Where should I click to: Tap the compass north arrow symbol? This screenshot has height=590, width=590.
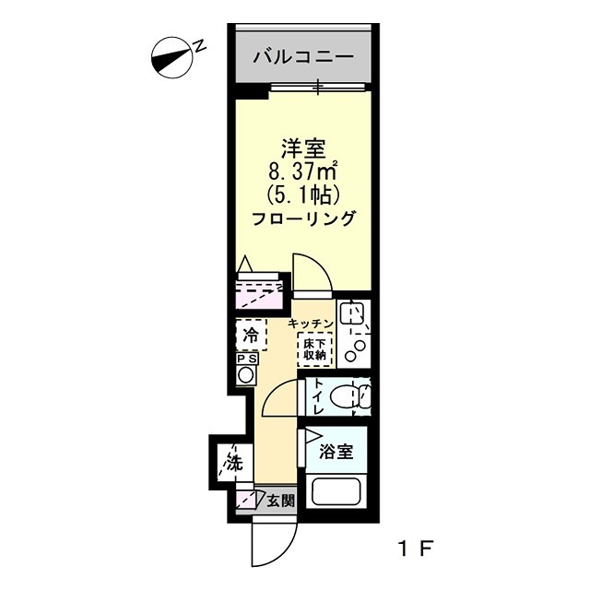click(170, 57)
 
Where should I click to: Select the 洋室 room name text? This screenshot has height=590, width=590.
click(301, 147)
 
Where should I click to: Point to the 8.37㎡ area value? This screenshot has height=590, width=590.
click(301, 171)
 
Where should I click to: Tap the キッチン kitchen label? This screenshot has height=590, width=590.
click(310, 323)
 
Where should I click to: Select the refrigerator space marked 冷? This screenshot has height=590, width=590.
click(251, 334)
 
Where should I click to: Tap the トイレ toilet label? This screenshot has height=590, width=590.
click(316, 397)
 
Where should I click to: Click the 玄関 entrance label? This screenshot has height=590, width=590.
click(282, 502)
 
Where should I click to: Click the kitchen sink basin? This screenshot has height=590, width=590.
click(352, 316)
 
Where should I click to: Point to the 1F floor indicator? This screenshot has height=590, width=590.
click(414, 548)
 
